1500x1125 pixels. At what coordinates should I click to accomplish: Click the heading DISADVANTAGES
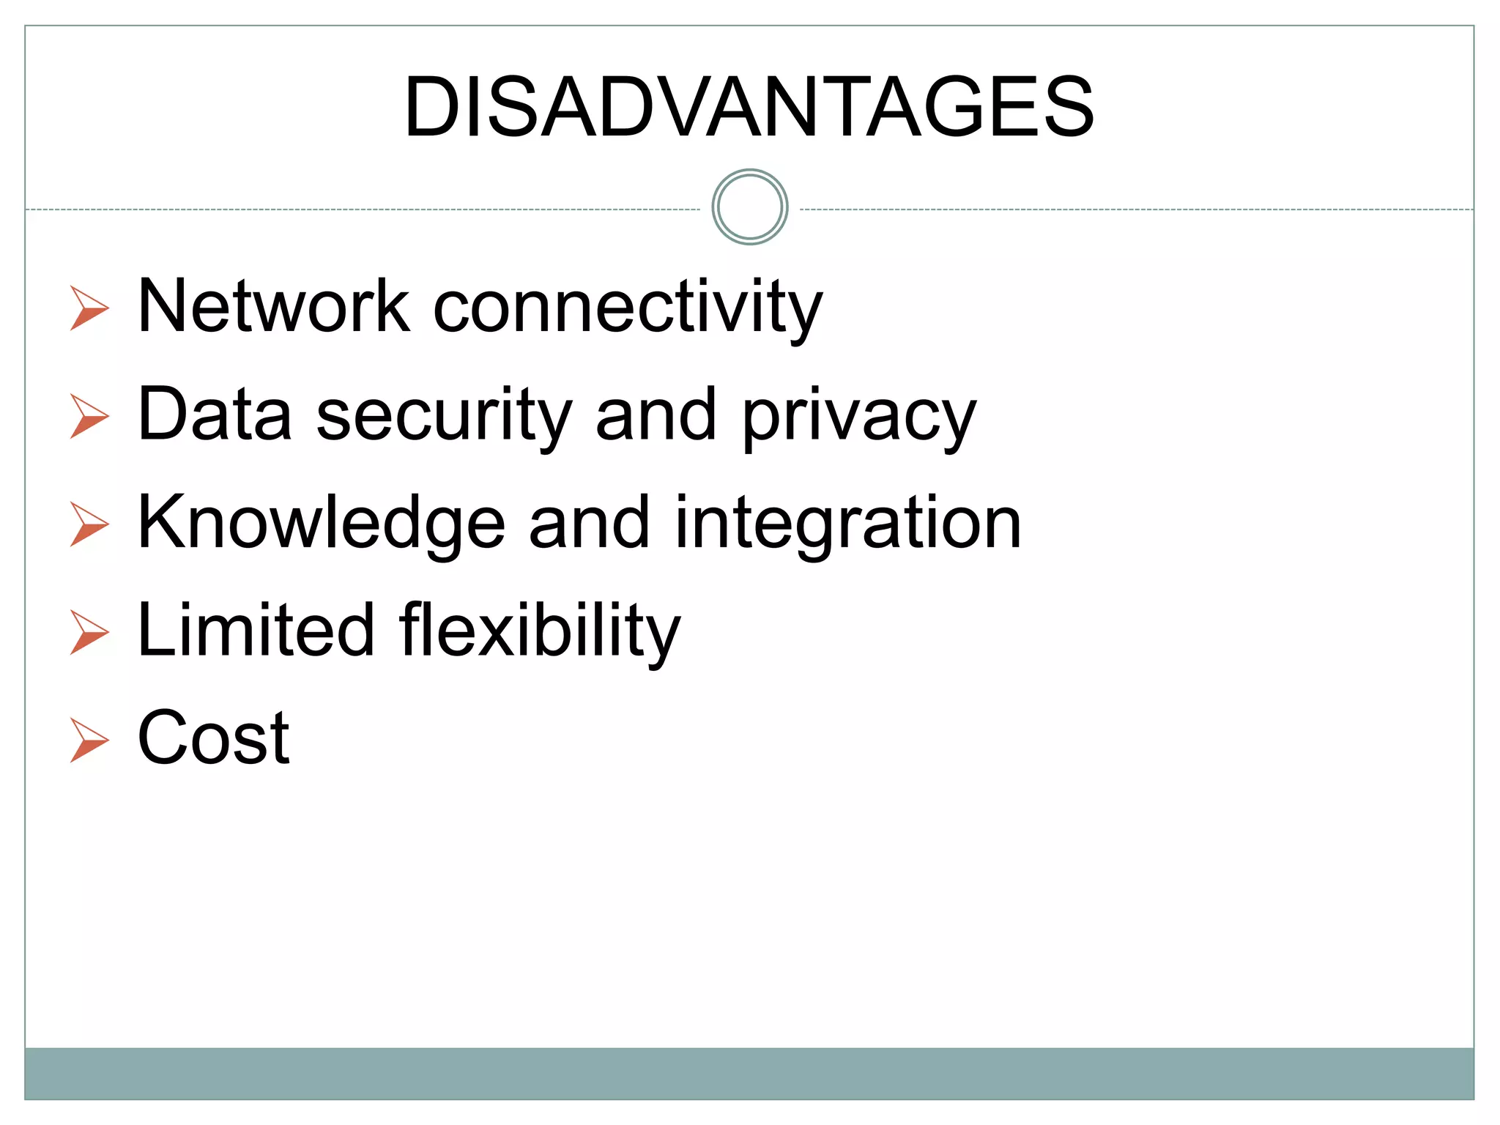coord(749,107)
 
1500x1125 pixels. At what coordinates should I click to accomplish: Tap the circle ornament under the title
coord(749,207)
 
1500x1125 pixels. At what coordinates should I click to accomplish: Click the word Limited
coord(256,630)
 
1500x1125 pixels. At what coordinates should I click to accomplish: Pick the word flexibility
coord(540,631)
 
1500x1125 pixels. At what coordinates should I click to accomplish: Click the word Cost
coord(214,738)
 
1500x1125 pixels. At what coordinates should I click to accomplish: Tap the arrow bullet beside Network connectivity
coord(89,308)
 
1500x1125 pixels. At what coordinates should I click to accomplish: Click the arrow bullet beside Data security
coord(89,416)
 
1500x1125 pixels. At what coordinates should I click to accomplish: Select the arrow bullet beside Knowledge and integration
coord(89,524)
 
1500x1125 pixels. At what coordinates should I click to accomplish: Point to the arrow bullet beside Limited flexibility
coord(89,632)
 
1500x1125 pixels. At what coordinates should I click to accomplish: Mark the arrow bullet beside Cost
coord(89,740)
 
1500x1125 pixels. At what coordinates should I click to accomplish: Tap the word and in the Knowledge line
coord(589,522)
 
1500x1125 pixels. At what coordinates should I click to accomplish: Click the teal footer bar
coord(749,1073)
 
